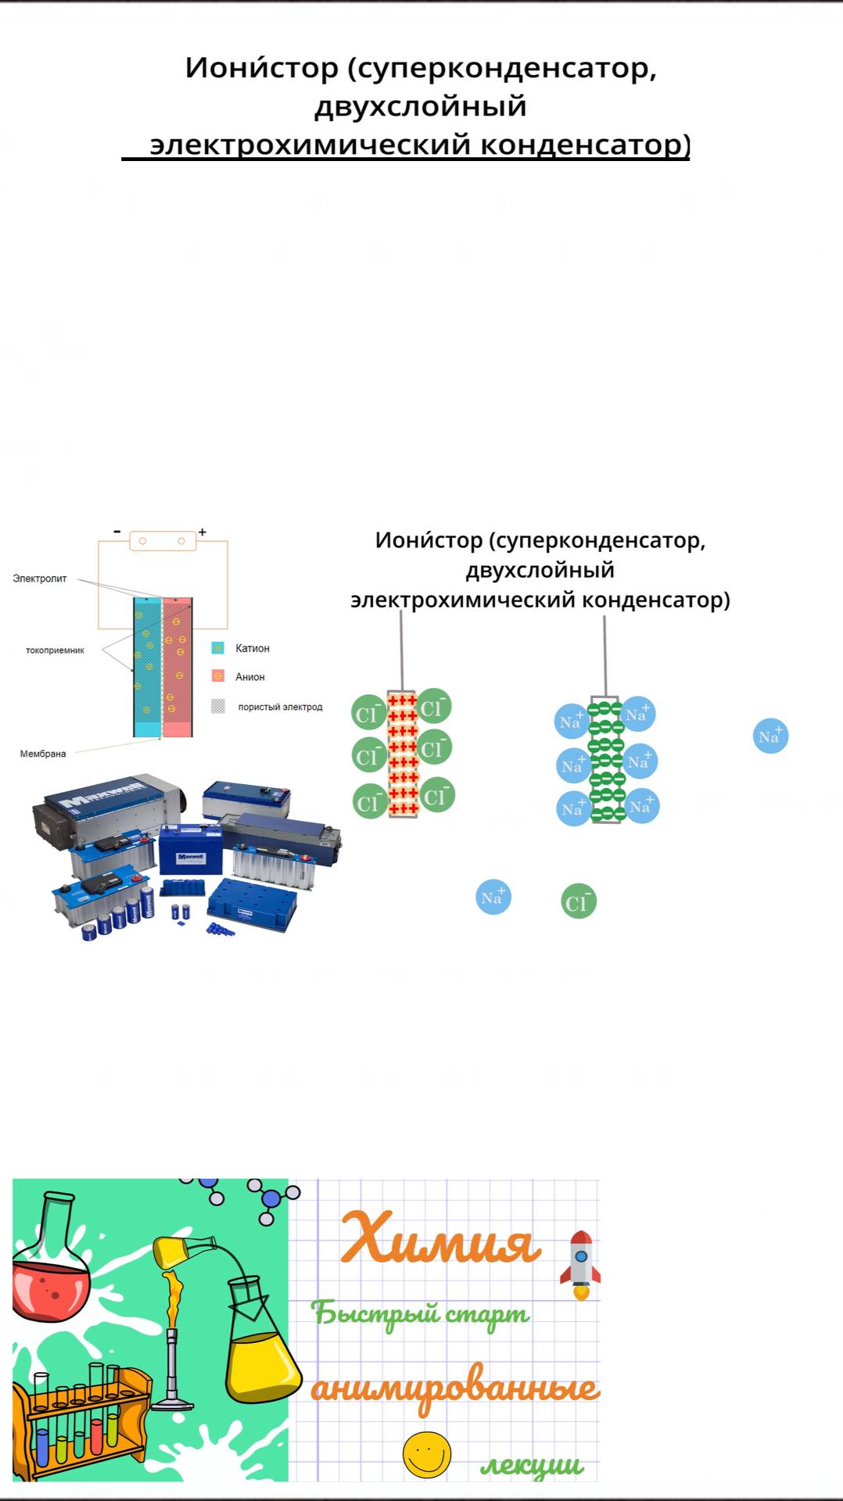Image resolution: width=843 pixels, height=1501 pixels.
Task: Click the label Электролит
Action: click(39, 579)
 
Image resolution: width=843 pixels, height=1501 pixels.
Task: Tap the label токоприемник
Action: click(55, 650)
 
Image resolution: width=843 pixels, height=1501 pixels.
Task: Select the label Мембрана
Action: click(43, 754)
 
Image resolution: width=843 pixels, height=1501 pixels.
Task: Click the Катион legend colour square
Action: click(218, 648)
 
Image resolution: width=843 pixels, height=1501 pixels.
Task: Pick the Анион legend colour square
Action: click(218, 676)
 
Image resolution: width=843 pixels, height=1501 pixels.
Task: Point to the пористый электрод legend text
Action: click(280, 707)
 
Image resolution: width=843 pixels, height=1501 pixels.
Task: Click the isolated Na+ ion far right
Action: click(770, 736)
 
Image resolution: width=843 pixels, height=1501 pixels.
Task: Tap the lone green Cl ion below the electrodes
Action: click(579, 901)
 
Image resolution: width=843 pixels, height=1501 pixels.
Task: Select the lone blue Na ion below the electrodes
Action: click(493, 897)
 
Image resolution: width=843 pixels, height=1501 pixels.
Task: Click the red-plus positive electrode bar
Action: click(403, 754)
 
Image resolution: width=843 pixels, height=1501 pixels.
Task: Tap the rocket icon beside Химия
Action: click(580, 1265)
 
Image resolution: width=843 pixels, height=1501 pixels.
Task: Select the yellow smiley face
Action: click(427, 1455)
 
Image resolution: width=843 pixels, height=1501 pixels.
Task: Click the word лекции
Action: click(532, 1466)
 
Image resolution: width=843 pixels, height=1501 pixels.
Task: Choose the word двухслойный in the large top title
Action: click(421, 106)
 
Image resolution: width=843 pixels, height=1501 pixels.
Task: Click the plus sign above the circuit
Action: click(202, 532)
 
